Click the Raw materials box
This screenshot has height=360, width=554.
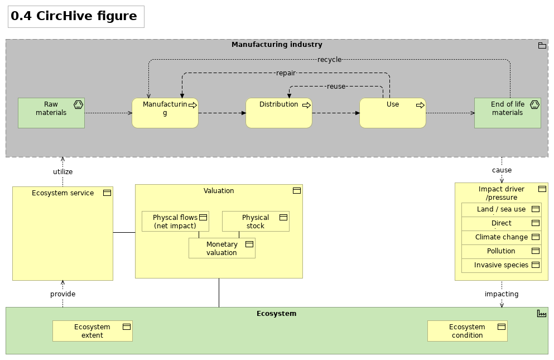51,113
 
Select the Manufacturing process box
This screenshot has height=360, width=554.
165,113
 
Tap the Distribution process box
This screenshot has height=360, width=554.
278,113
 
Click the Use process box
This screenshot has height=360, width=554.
392,113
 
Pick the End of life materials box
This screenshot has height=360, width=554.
507,113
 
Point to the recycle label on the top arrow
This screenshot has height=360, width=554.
329,60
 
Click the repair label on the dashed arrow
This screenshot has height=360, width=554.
286,73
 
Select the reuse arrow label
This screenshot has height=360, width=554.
336,87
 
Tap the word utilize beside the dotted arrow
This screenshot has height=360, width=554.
62,172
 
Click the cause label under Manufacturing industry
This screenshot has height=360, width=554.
502,170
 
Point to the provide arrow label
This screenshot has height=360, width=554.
62,294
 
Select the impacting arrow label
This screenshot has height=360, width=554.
502,294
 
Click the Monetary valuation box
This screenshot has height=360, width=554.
221,248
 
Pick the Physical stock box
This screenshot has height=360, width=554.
256,222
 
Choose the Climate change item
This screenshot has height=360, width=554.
501,237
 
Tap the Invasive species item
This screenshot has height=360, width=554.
501,265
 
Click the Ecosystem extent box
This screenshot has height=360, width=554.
92,331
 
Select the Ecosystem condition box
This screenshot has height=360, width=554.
467,331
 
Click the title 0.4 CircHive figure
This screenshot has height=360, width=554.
74,16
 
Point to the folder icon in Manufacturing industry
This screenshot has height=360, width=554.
542,46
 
